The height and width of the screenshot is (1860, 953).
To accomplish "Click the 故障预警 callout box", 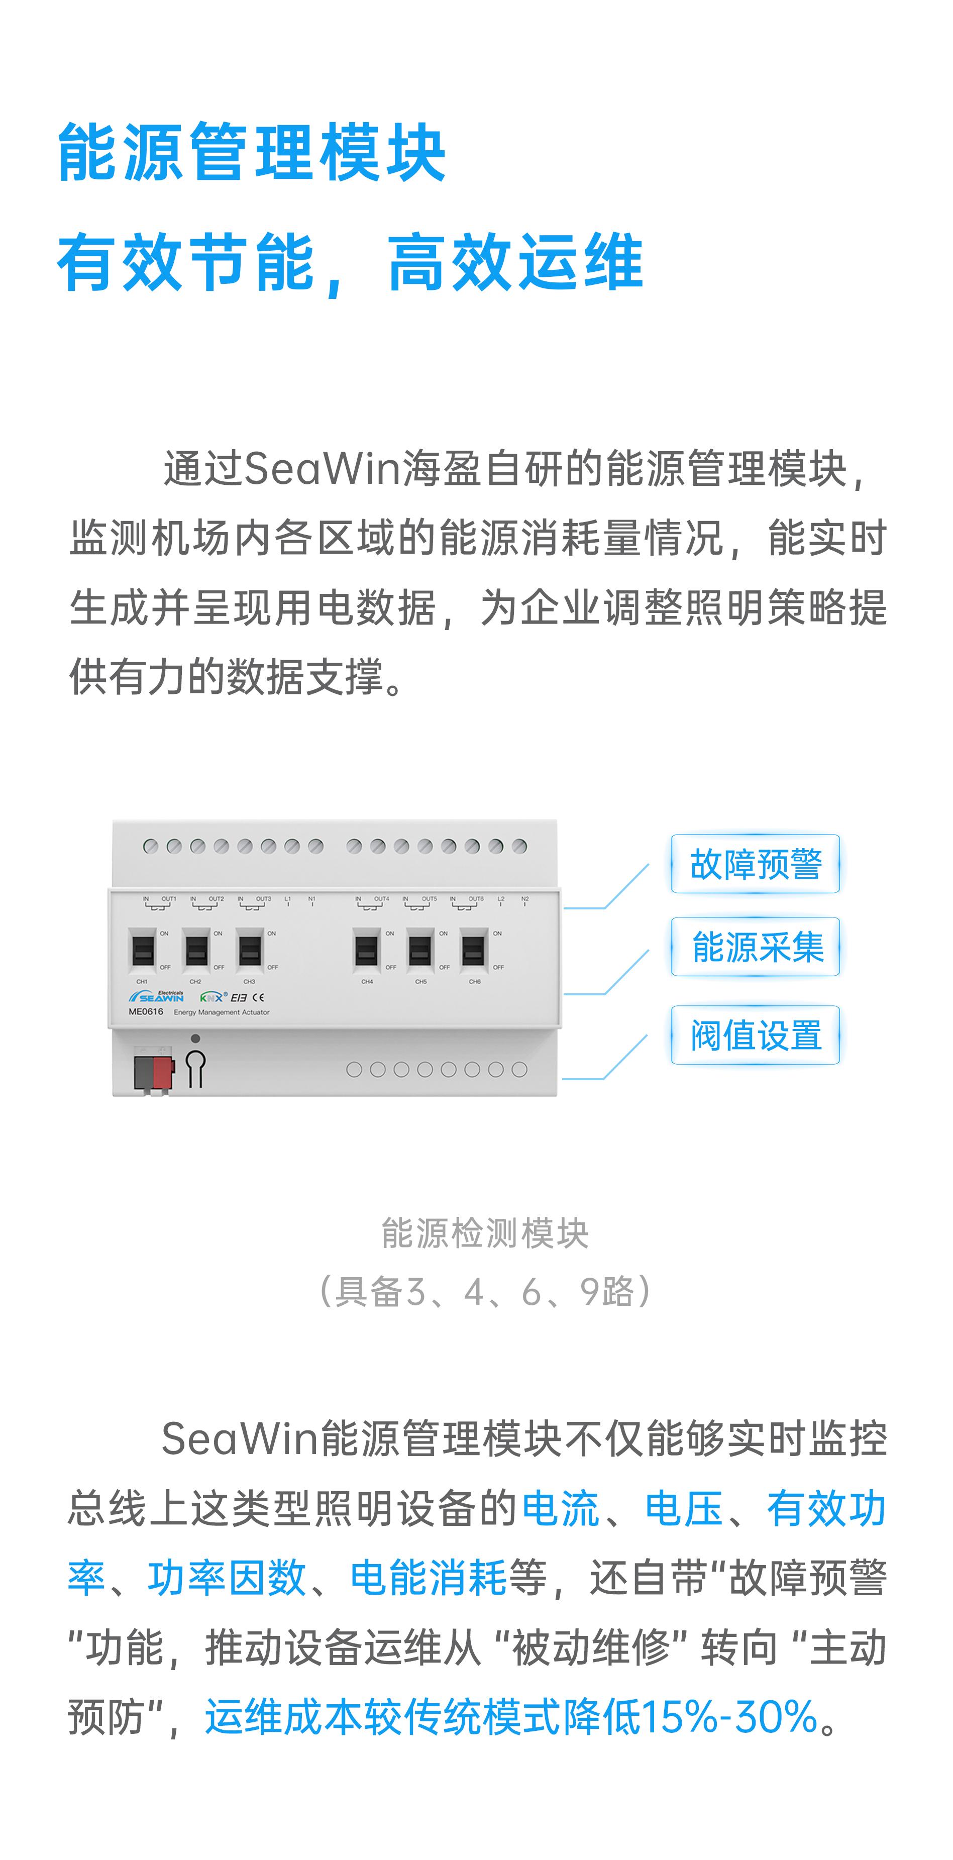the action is coord(755,864).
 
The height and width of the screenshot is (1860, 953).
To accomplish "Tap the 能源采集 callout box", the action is coord(755,947).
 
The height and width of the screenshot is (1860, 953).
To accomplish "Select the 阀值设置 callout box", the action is coord(755,1035).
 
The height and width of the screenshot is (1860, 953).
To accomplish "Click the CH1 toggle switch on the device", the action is coord(143,950).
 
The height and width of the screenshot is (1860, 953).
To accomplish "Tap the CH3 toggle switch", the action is coord(250,950).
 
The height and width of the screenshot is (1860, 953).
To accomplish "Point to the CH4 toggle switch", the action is coord(367,950).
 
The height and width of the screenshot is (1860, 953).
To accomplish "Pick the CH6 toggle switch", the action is coord(474,950).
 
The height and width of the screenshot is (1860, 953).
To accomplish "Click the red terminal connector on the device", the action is coord(163,1073).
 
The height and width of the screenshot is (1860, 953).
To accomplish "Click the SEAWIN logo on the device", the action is coord(157,996).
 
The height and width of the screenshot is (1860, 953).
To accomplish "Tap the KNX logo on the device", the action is coord(211,997).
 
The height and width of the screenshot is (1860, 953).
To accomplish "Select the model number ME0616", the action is coord(146,1011).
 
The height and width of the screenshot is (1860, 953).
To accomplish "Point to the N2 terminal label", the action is coord(525,899).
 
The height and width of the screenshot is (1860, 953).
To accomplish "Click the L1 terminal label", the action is coord(287,899).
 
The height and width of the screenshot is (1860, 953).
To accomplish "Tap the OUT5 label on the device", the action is coord(429,899).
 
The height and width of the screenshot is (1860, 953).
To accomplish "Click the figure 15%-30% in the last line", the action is coord(729,1716).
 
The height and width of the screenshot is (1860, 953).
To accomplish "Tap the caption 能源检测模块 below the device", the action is coord(485,1233).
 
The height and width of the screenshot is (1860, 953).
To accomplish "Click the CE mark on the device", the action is coord(258,997).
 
